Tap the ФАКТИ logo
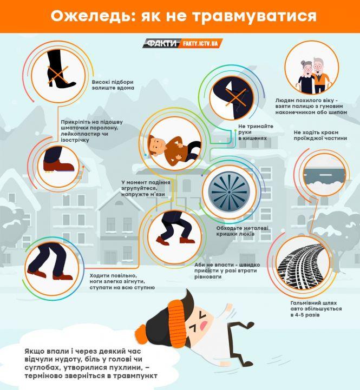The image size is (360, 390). tap(161, 43)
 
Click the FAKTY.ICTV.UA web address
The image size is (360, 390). tap(200, 43)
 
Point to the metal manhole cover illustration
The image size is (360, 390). tap(229, 192)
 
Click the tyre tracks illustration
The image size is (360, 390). tap(302, 267)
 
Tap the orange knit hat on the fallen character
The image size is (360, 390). tap(175, 316)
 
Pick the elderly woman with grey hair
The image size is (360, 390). tap(306, 76)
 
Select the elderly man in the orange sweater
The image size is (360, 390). tap(321, 75)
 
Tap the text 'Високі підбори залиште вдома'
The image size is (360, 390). tap(113, 85)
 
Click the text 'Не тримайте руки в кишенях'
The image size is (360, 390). tap(256, 132)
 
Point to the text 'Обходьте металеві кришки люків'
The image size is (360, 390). tap(242, 231)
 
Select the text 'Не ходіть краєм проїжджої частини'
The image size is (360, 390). tap(320, 135)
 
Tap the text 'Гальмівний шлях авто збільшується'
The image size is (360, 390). tap(316, 306)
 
